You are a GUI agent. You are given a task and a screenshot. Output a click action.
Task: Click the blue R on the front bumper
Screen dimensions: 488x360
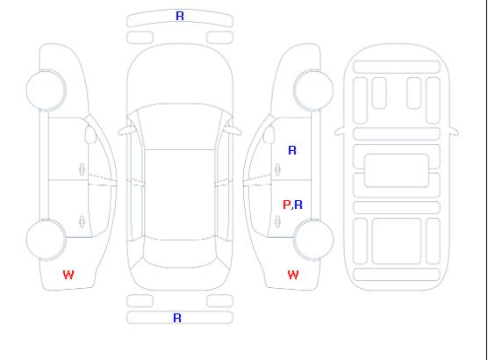[x=180, y=16]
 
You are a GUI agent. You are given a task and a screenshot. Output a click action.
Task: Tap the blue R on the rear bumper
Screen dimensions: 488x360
[x=177, y=318]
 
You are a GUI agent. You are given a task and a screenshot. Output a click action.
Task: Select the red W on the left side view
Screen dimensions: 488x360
[x=68, y=275]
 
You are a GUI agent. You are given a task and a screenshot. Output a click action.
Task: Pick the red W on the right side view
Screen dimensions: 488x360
[x=293, y=275]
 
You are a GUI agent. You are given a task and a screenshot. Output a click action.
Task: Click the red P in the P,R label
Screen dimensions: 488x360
[x=286, y=205]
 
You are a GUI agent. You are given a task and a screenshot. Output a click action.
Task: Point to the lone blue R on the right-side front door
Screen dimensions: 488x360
[x=292, y=150]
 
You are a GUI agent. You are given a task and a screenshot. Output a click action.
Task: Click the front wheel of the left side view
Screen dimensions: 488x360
[x=46, y=90]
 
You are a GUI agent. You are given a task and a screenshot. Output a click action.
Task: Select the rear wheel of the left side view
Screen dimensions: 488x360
[x=46, y=240]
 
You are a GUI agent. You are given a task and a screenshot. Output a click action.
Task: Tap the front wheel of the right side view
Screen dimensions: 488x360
[x=313, y=90]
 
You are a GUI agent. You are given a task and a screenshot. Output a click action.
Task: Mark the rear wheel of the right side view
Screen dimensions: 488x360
[x=313, y=240]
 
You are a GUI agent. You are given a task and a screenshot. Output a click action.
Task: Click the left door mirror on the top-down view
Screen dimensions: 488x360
[x=126, y=131]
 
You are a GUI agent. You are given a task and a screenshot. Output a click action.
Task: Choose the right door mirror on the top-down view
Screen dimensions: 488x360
[x=233, y=131]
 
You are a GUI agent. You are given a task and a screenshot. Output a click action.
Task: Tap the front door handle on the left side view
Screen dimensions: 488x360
[x=82, y=169]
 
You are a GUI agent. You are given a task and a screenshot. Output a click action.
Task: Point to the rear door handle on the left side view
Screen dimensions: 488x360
[x=82, y=221]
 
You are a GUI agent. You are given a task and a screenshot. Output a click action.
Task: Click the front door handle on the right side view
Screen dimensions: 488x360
[x=277, y=169]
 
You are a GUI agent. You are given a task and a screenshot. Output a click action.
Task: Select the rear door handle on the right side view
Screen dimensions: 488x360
[x=277, y=221]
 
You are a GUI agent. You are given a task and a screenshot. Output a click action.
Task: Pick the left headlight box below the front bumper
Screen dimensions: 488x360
[x=140, y=38]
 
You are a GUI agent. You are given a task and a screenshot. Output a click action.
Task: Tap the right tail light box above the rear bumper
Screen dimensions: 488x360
[x=219, y=301]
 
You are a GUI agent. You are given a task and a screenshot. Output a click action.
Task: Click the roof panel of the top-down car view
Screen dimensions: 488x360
[x=180, y=195]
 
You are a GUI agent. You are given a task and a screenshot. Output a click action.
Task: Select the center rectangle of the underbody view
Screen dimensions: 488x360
[x=397, y=170]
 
